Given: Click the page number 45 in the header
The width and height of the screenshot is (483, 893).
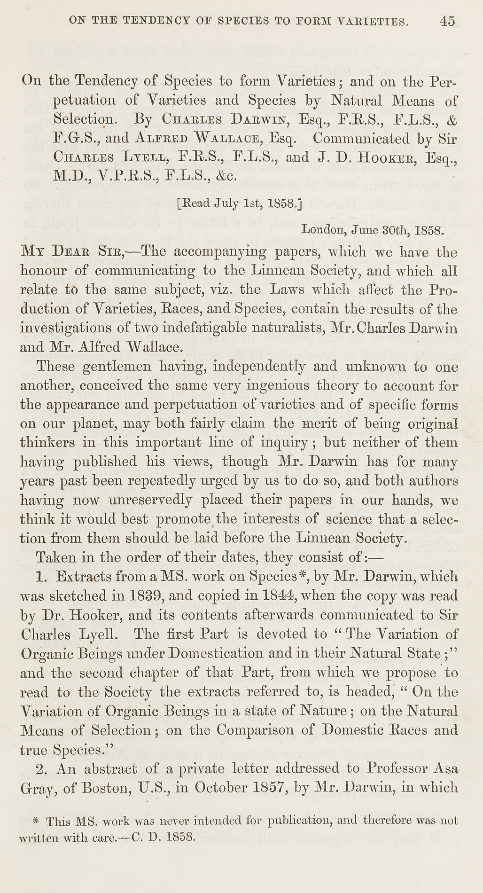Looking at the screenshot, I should pyautogui.click(x=447, y=21).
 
